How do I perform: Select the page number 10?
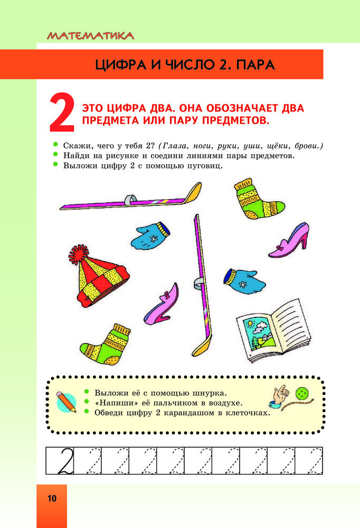(52, 498)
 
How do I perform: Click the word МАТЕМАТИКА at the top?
(90, 36)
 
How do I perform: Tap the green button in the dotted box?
(302, 393)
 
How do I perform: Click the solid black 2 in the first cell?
(65, 460)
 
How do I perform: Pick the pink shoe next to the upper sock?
(289, 240)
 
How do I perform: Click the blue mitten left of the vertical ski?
(150, 235)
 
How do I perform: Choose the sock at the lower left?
(106, 345)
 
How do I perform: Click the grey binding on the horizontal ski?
(130, 200)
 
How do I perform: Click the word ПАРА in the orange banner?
(255, 64)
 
